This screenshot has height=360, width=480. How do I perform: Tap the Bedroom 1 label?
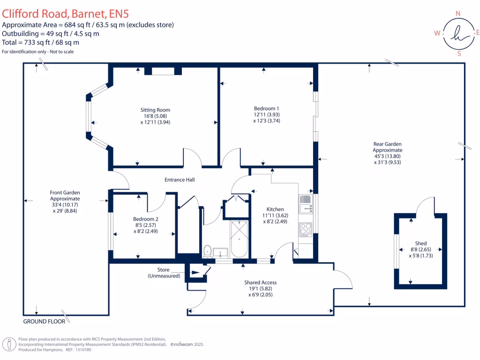pos(266,108)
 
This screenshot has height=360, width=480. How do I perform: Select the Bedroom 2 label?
pos(145,219)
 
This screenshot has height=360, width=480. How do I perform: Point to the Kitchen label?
pos(275,209)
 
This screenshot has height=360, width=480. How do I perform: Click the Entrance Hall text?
pos(179,180)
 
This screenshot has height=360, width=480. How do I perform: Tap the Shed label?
pos(421,243)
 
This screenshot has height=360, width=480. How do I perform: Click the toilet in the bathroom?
pos(207,251)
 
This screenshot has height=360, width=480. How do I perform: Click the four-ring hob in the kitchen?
pos(305,229)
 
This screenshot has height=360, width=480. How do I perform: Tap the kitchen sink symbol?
pos(305,203)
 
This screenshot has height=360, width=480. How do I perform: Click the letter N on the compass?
pos(458,14)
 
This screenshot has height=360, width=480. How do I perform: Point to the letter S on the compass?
pos(459,53)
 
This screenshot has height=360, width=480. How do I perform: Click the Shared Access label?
pos(260,282)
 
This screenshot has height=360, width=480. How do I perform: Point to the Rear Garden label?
pos(387,144)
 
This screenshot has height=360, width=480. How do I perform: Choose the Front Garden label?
pos(65,192)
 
